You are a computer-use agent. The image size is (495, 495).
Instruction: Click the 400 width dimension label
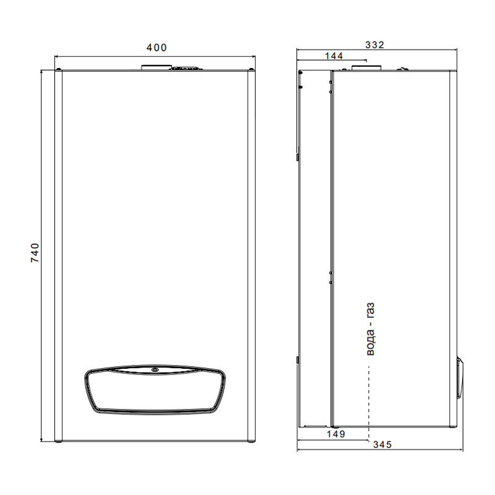[x=157, y=48]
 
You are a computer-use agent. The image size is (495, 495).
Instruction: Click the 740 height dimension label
[x=35, y=252]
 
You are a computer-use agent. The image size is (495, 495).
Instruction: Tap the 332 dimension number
[x=375, y=45]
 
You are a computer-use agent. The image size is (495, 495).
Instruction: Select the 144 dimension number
[x=334, y=56]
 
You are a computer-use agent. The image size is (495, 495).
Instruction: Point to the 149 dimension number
[x=336, y=434]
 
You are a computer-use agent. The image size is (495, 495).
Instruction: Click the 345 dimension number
[x=382, y=444]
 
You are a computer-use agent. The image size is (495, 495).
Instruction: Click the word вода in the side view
[x=371, y=343]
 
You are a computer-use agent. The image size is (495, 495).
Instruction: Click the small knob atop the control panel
[x=155, y=369]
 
